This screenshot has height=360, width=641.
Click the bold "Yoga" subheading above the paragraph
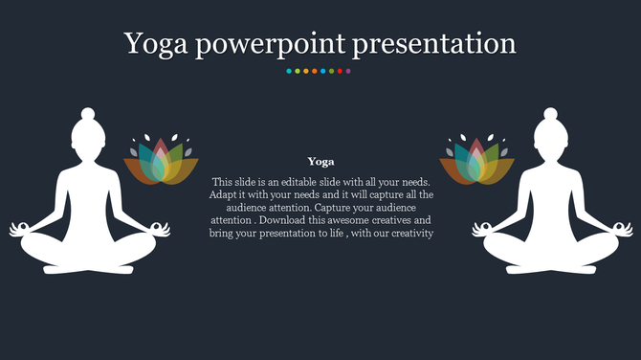tap(320, 162)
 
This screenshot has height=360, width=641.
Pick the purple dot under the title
tap(348, 71)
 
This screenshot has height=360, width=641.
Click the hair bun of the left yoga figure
tap(88, 114)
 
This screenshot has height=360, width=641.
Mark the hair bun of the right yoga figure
tap(550, 114)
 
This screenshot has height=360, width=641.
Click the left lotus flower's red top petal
tap(161, 148)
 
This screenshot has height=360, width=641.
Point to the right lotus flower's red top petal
tap(476, 148)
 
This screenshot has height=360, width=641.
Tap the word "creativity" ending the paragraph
tap(410, 233)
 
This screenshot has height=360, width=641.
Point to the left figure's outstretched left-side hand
tap(20, 229)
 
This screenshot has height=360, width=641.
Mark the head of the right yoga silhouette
tap(550, 133)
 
